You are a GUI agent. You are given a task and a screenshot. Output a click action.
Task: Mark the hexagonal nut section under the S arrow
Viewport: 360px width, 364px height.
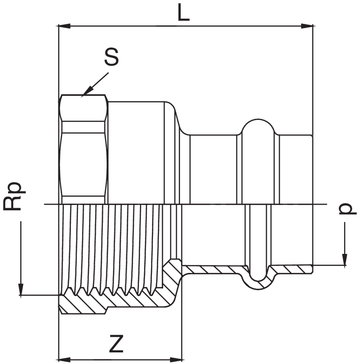pos(84,148)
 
